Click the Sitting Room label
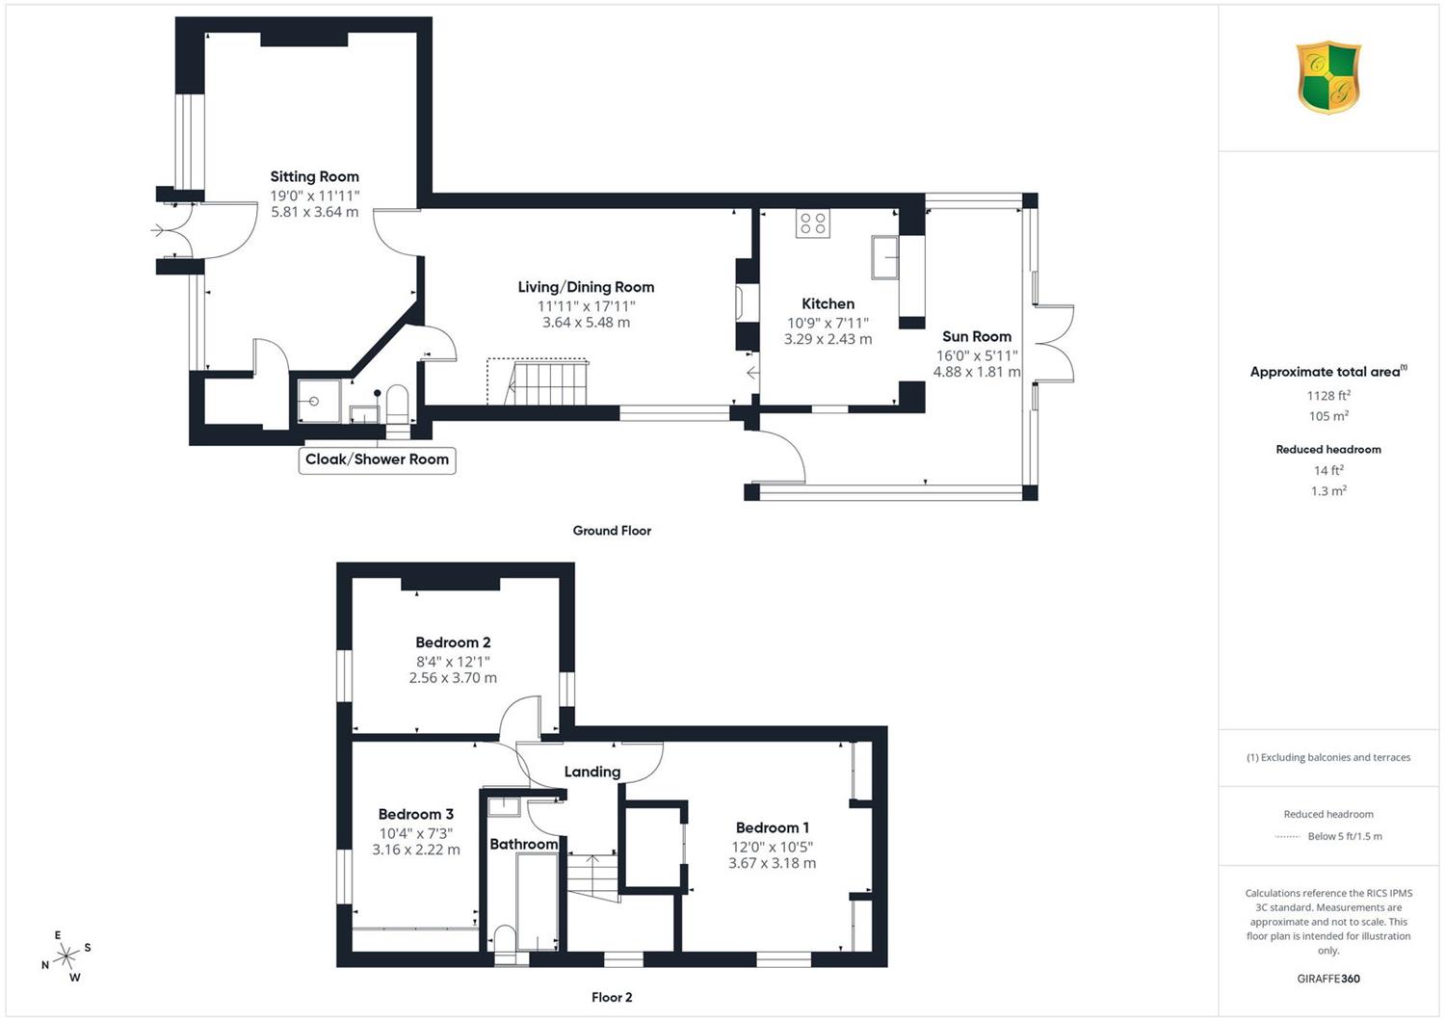click(x=314, y=176)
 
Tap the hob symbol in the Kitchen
click(x=813, y=223)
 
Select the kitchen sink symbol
click(x=885, y=257)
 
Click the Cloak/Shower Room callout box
click(x=377, y=460)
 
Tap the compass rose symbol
click(x=66, y=956)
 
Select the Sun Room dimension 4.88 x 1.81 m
click(x=977, y=372)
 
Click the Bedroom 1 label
click(x=773, y=827)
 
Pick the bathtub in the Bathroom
click(x=537, y=903)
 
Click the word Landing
click(x=592, y=772)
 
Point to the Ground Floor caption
click(x=612, y=531)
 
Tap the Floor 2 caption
click(x=612, y=997)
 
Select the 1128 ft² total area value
click(x=1328, y=396)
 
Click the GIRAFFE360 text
click(x=1328, y=979)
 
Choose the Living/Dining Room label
click(x=586, y=288)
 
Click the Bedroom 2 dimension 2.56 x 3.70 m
click(x=453, y=678)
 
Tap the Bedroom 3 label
click(x=415, y=815)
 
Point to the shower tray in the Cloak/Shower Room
click(x=319, y=402)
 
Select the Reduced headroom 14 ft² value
click(x=1328, y=471)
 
